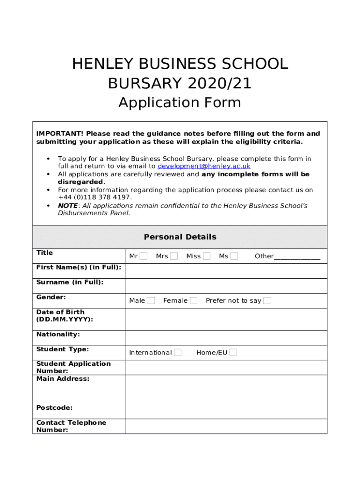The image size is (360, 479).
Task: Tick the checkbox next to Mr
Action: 144,256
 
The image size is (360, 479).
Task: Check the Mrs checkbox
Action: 174,256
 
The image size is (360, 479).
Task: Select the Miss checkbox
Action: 207,256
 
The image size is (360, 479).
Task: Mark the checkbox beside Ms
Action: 234,256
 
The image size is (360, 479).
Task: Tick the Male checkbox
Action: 151,300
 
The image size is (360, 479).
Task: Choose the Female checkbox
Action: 194,300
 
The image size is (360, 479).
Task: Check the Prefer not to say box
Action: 267,300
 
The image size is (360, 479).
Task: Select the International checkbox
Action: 178,353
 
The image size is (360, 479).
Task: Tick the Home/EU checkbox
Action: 233,353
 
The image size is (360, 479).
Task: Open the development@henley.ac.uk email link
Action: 204,166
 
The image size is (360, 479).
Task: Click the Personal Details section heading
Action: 180,237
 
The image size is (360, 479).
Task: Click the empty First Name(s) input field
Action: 226,271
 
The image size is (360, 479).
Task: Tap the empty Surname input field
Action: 226,286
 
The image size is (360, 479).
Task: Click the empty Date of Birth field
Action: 226,319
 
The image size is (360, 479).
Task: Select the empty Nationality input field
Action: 226,338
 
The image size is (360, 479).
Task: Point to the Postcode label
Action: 54,408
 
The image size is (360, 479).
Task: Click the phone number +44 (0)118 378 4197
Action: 95,197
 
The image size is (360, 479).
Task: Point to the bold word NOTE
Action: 68,206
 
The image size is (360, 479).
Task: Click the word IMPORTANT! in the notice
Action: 60,134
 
